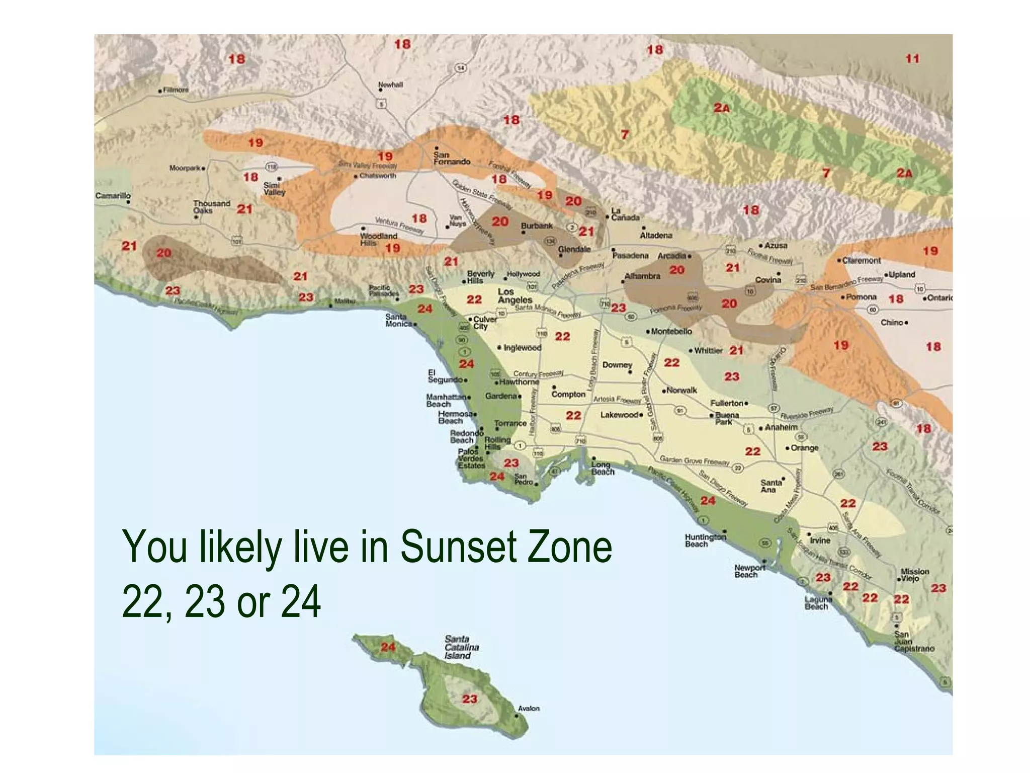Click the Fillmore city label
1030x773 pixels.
pos(176,90)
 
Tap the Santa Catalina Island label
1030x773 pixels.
pos(461,647)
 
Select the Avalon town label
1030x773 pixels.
pos(529,709)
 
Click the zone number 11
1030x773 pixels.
pos(912,58)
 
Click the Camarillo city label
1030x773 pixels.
pos(113,195)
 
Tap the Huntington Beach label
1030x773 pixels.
pos(705,540)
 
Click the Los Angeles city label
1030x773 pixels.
pos(514,296)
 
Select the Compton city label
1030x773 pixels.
pos(568,394)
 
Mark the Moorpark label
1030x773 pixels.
pos(185,168)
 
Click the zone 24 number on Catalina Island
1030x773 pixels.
pos(388,647)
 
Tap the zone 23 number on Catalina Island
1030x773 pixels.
pos(469,699)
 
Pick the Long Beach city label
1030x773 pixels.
pos(602,468)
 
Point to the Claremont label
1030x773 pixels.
pos(862,260)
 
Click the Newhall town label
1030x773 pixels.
pos(390,85)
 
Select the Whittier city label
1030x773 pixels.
pos(708,350)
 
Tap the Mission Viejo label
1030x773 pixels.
pos(914,575)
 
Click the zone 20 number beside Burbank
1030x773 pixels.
pos(500,221)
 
